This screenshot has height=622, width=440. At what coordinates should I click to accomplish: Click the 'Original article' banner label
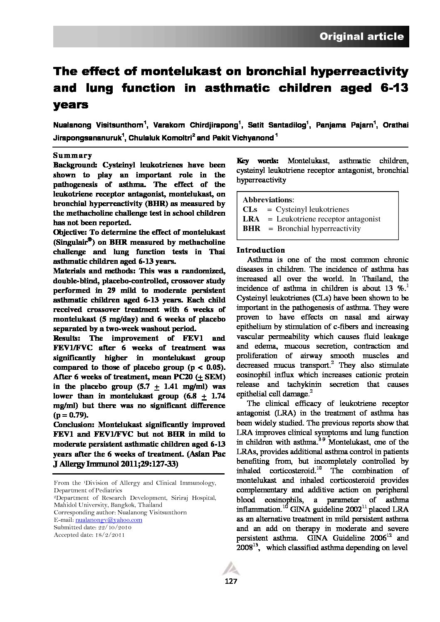click(x=361, y=37)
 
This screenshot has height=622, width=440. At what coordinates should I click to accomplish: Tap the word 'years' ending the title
click(x=71, y=105)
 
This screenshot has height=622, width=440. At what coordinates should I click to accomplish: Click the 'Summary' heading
click(x=72, y=155)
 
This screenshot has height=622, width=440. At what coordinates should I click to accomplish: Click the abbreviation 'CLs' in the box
click(x=250, y=209)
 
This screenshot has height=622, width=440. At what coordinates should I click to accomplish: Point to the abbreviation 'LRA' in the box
click(x=251, y=219)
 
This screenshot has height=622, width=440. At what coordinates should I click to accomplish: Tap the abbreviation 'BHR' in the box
click(x=251, y=229)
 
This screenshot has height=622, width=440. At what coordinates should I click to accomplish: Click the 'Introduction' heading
click(x=261, y=250)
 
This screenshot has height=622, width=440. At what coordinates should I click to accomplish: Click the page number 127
click(x=231, y=581)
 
